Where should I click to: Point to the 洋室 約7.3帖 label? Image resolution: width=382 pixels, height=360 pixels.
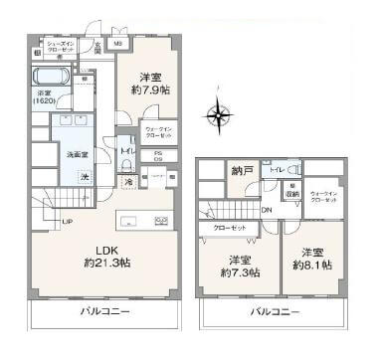(240, 266)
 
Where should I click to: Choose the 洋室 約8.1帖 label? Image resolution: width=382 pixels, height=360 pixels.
(310, 258)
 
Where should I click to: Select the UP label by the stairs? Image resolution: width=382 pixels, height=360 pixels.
(68, 220)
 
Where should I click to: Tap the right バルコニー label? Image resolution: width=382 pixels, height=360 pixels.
(271, 311)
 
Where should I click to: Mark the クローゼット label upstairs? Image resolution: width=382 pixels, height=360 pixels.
(231, 228)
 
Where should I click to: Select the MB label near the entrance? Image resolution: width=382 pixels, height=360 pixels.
(117, 44)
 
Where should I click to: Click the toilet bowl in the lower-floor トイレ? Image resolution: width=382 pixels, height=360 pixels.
(125, 167)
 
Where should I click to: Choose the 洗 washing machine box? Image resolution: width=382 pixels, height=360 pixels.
(85, 177)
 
